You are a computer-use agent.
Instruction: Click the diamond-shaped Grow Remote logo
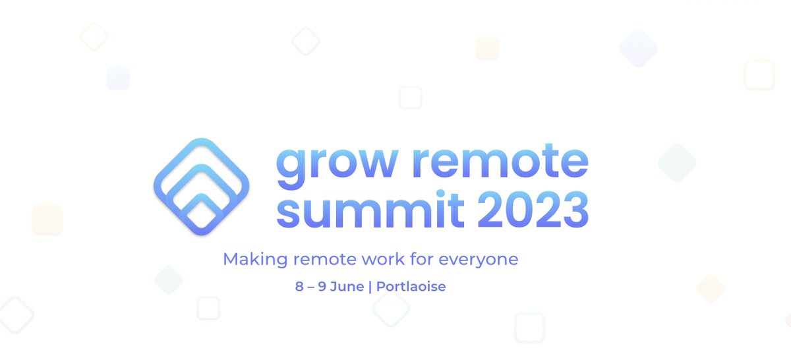click(202, 187)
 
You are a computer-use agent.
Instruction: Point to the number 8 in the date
click(299, 287)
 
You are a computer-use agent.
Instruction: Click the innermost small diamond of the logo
click(202, 213)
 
